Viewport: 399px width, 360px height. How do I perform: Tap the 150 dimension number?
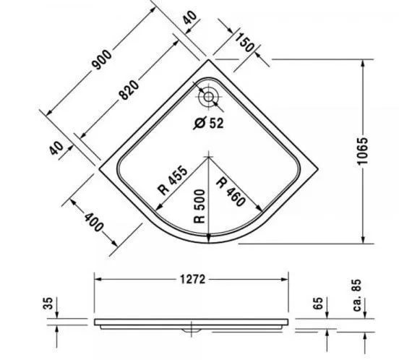(x=246, y=45)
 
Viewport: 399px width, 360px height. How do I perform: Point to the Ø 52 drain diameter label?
(x=210, y=122)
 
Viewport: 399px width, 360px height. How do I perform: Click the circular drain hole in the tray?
(x=208, y=95)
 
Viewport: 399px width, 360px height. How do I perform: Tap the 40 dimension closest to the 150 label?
(x=190, y=18)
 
